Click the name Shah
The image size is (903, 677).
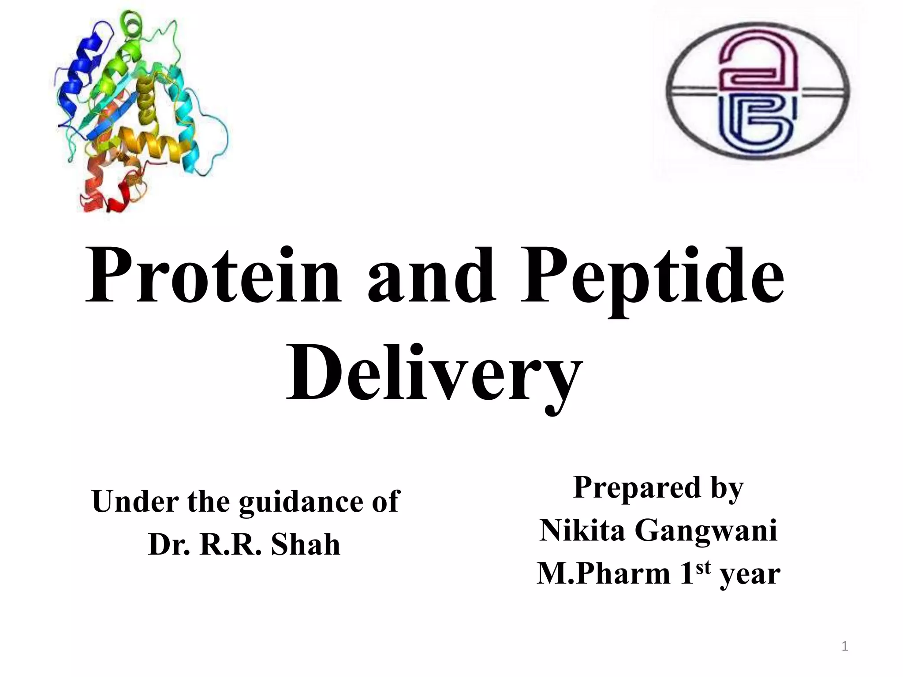click(x=305, y=545)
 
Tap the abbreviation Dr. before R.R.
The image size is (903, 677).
click(x=169, y=545)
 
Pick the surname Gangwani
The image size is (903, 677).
click(x=705, y=531)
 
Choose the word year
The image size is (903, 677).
click(x=750, y=575)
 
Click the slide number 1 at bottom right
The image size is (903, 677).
click(x=845, y=647)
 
